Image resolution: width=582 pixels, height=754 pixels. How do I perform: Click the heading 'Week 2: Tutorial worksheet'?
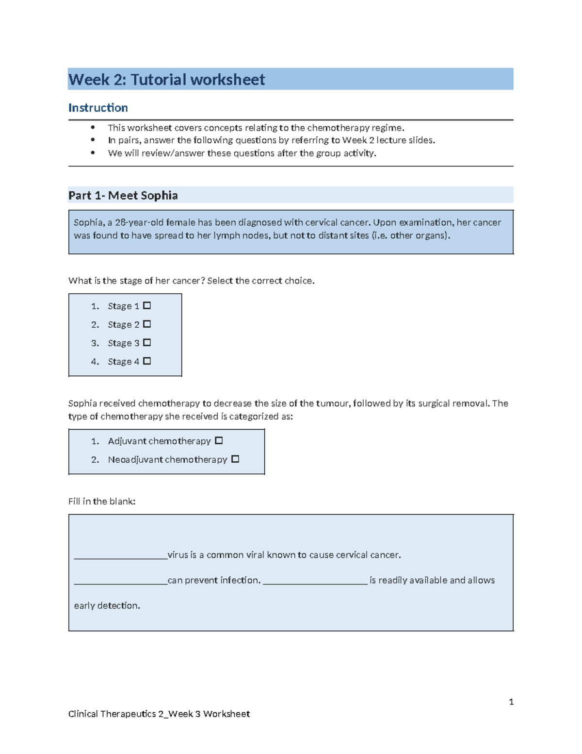[166, 80]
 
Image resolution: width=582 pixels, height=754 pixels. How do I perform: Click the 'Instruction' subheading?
[98, 108]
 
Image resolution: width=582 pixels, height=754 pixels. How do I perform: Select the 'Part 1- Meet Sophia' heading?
[123, 195]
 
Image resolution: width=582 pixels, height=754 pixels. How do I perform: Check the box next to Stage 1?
[147, 305]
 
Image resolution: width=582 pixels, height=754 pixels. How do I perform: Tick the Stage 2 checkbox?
[147, 324]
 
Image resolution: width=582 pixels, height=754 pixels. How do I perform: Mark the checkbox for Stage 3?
[147, 342]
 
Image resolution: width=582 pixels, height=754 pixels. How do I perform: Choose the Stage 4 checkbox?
[147, 361]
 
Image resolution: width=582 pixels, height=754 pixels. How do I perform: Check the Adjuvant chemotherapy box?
[219, 440]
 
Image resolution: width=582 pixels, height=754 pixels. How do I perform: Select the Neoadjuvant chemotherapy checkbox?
[235, 459]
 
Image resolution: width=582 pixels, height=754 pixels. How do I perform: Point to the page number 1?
[511, 702]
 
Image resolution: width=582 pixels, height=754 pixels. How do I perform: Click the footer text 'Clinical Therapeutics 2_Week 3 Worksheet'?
[159, 714]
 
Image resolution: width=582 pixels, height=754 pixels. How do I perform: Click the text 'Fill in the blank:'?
[102, 502]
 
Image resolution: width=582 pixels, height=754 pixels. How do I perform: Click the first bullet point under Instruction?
[93, 128]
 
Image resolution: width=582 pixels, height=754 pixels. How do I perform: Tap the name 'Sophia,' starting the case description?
[88, 222]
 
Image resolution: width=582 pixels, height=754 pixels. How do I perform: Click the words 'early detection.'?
[107, 605]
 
